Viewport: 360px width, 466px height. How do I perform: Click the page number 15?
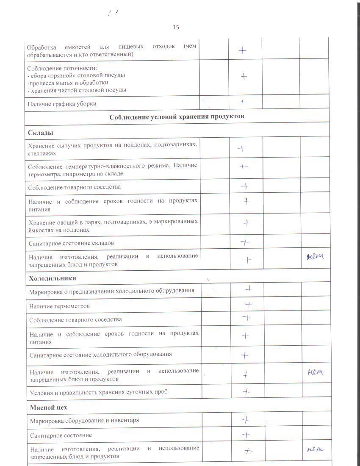point(176,28)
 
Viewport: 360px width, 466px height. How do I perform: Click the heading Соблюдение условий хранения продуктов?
point(177,116)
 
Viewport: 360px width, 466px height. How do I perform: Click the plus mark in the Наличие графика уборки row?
point(243,102)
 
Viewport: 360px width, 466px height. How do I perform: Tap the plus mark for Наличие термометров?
point(249,304)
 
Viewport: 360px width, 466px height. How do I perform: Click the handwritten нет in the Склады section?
point(315,255)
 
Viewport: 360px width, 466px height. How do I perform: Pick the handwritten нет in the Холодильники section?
point(315,372)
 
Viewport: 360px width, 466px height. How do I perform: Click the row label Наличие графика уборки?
point(62,104)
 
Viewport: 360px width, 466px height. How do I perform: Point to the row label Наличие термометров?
point(59,306)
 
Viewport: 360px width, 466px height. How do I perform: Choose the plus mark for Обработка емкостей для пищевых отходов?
point(242,50)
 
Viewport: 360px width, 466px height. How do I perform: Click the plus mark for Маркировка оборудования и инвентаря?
point(244,419)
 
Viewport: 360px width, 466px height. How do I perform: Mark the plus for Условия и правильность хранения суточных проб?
point(246,391)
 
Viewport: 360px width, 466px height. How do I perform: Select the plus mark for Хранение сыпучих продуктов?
point(242,148)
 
